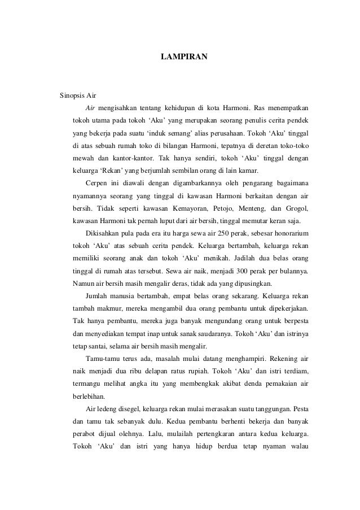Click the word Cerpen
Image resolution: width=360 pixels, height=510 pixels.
[x=95, y=182]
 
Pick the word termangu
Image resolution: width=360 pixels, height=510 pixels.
[x=87, y=384]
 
